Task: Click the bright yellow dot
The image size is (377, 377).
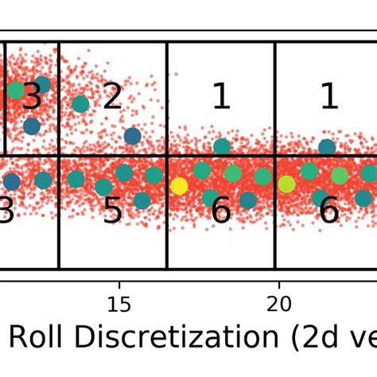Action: tap(180, 185)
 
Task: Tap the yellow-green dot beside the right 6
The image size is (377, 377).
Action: tap(286, 184)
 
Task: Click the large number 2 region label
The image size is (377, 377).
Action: tap(112, 97)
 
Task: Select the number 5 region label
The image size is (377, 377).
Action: tap(112, 212)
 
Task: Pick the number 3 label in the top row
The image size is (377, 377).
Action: tap(32, 97)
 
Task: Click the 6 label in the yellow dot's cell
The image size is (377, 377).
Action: tap(220, 212)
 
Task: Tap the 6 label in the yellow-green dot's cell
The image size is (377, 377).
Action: tap(328, 212)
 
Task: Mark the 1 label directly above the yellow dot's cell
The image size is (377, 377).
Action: tap(220, 97)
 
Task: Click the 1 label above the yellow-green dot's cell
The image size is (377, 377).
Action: tap(328, 97)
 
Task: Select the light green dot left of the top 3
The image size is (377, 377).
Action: tap(16, 90)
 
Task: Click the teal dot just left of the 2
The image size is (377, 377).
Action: tap(80, 103)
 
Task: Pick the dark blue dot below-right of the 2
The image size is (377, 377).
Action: tap(132, 136)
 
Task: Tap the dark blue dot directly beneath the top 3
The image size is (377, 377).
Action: tap(32, 126)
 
